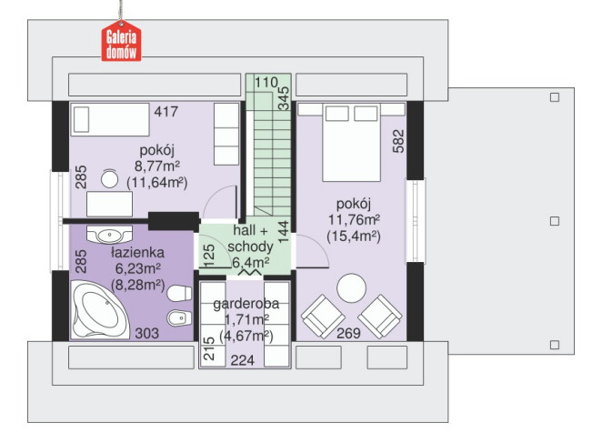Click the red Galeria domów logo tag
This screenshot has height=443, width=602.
pyautogui.click(x=121, y=41)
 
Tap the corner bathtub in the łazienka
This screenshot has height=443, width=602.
pyautogui.click(x=101, y=309)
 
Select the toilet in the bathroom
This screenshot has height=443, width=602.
pyautogui.click(x=179, y=294)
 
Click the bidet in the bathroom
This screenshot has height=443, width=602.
pyautogui.click(x=179, y=318)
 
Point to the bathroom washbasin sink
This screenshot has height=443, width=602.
pyautogui.click(x=110, y=235)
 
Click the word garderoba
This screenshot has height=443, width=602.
pyautogui.click(x=246, y=304)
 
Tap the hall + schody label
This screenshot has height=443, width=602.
pyautogui.click(x=250, y=238)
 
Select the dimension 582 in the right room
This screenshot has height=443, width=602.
pyautogui.click(x=398, y=141)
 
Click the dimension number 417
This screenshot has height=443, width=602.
pyautogui.click(x=166, y=111)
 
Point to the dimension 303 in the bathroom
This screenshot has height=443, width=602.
pyautogui.click(x=146, y=333)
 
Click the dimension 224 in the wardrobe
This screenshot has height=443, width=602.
pyautogui.click(x=243, y=360)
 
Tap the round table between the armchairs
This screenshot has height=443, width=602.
pyautogui.click(x=351, y=288)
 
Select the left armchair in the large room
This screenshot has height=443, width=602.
pyautogui.click(x=323, y=317)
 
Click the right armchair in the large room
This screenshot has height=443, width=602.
pyautogui.click(x=380, y=317)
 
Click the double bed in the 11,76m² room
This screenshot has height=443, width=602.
pyautogui.click(x=352, y=142)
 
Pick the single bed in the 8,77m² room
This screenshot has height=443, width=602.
pyautogui.click(x=110, y=119)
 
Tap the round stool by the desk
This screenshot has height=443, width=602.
pyautogui.click(x=109, y=179)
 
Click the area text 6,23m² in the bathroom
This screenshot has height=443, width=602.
pyautogui.click(x=138, y=268)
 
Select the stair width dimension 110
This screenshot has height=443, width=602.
pyautogui.click(x=266, y=82)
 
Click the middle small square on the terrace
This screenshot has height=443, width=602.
pyautogui.click(x=555, y=221)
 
